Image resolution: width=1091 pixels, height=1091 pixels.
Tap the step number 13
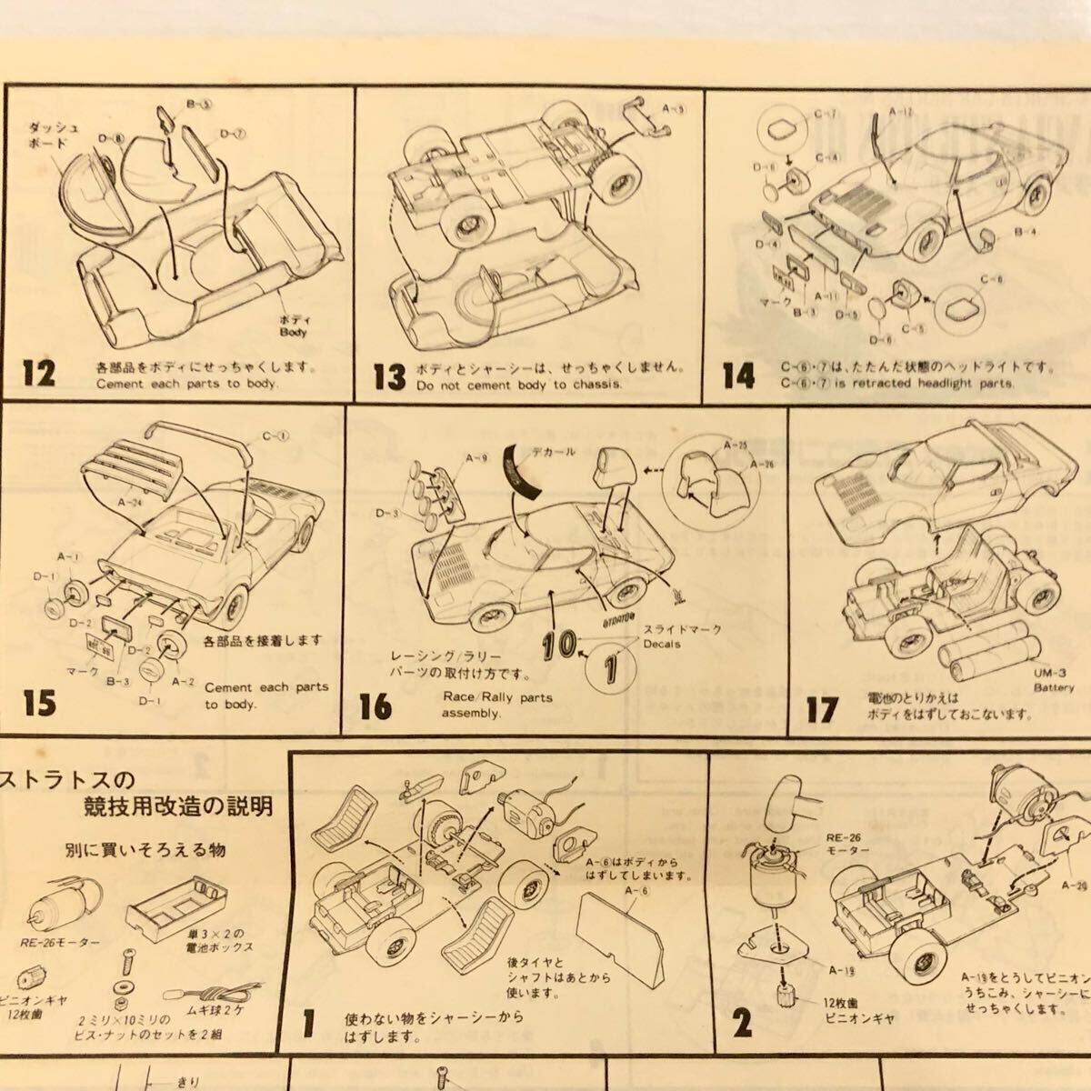(390, 375)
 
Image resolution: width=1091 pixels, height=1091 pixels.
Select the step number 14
(739, 375)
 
